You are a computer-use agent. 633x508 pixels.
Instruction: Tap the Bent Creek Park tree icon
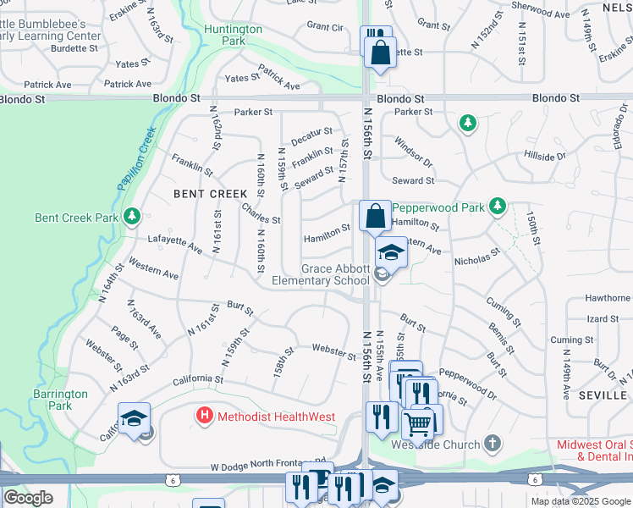coord(131,218)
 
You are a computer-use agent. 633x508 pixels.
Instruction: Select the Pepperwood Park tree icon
coord(498,206)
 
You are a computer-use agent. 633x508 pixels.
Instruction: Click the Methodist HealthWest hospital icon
coord(204,416)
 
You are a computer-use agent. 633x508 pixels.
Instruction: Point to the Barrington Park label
coord(60,400)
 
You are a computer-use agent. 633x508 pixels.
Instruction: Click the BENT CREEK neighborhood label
coord(211,194)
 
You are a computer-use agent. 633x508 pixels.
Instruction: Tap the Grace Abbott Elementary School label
coord(321,274)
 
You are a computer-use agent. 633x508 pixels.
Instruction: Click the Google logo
coord(28,498)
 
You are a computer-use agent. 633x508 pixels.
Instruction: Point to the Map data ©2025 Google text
coord(581,501)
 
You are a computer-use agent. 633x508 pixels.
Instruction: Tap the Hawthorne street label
coord(607,298)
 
